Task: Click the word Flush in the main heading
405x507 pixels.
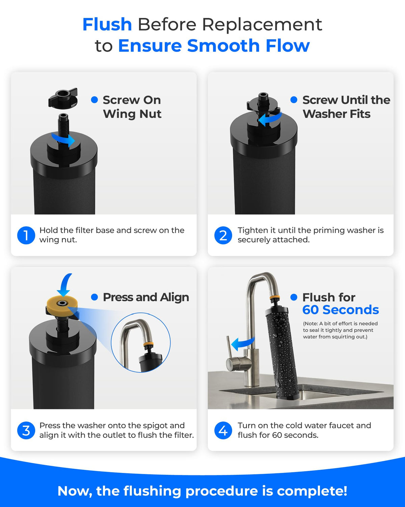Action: point(107,24)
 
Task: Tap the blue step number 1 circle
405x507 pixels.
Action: point(26,235)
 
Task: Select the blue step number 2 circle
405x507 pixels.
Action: point(223,235)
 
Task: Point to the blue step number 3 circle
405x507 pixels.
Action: point(26,430)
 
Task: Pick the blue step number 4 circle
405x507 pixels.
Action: point(223,430)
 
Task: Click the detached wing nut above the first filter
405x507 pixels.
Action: point(63,98)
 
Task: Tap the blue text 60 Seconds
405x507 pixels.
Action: point(341,310)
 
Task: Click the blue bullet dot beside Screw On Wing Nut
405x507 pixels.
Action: point(94,100)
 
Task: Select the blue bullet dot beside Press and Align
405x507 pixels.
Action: point(94,297)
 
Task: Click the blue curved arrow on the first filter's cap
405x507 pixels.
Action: point(63,140)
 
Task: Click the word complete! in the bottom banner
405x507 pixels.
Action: point(312,491)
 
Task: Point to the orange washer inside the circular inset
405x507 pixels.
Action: point(148,344)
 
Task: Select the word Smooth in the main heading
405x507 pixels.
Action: point(223,46)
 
